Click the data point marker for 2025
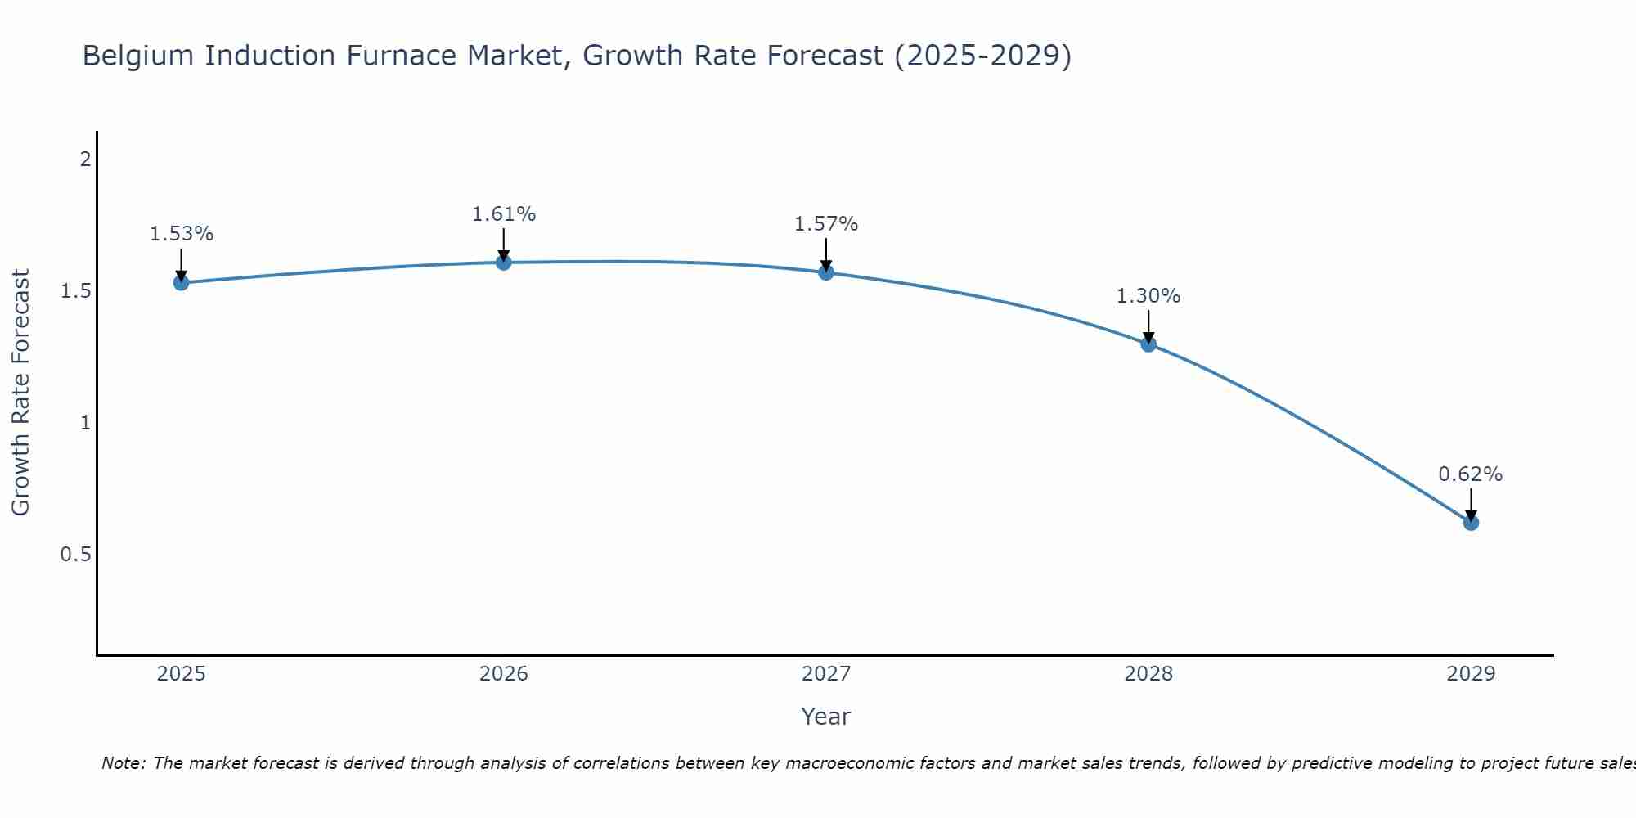click(x=181, y=283)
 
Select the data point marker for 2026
click(x=504, y=263)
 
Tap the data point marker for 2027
click(x=826, y=272)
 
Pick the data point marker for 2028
click(x=1148, y=344)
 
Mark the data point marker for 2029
click(x=1471, y=523)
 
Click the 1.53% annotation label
click(x=181, y=234)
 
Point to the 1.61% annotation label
click(x=504, y=214)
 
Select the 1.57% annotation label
click(x=826, y=224)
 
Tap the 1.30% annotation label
click(x=1148, y=296)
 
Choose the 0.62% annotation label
click(x=1471, y=474)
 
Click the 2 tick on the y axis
click(x=85, y=160)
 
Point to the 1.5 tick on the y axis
click(x=75, y=291)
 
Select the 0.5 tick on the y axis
click(x=75, y=555)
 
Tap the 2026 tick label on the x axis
click(x=504, y=674)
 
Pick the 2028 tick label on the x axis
click(x=1148, y=674)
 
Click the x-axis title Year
click(x=826, y=717)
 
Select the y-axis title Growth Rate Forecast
click(x=20, y=393)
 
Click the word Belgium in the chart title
click(x=140, y=56)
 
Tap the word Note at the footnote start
click(x=123, y=763)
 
